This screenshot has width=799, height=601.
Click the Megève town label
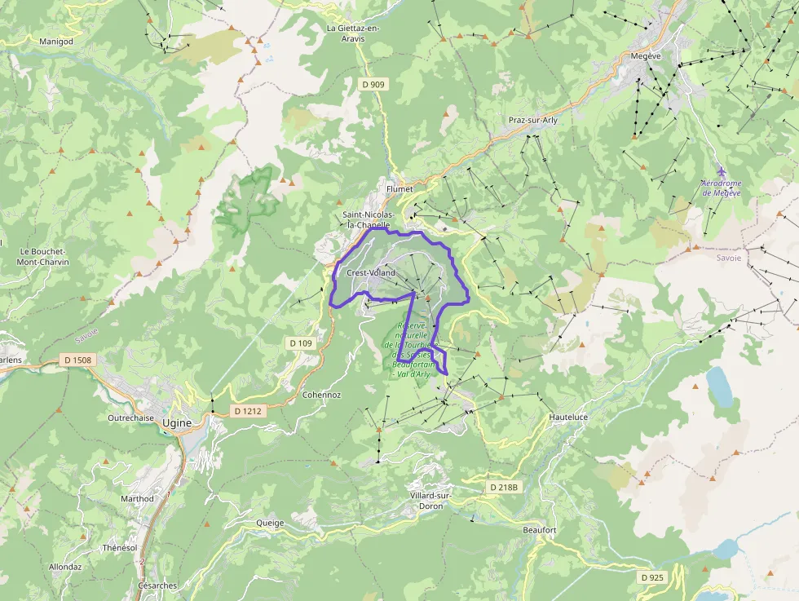(646, 55)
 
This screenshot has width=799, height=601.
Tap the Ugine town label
(176, 422)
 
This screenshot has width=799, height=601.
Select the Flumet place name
(400, 188)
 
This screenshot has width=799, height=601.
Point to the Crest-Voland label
(371, 272)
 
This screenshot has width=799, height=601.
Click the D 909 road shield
(373, 84)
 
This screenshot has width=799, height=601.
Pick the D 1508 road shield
(77, 360)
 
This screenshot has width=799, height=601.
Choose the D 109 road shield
(300, 343)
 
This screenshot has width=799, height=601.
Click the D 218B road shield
(504, 487)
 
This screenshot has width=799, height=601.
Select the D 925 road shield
(653, 577)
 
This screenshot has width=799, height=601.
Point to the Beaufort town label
(539, 530)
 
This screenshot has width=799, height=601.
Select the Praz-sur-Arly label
(533, 120)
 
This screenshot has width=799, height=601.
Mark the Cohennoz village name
(321, 395)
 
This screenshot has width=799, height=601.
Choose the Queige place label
(270, 523)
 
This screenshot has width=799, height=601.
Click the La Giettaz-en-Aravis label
(353, 33)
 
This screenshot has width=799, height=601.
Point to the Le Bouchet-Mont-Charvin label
(43, 257)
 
